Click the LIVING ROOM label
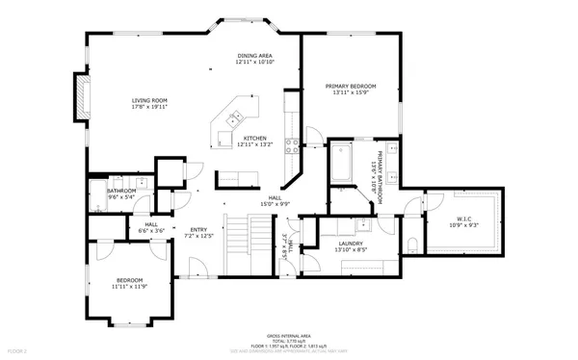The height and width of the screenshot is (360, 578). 149,100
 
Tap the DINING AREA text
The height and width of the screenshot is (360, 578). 256,56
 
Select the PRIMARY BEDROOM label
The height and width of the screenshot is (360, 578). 350,86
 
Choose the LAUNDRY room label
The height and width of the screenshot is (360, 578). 350,244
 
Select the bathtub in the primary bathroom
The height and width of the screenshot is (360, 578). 342,164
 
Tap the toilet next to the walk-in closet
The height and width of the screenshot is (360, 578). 411,243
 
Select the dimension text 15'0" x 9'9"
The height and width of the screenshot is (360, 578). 275,204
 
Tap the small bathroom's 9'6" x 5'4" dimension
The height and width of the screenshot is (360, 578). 121,196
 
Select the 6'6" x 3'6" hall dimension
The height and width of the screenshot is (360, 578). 151,231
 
